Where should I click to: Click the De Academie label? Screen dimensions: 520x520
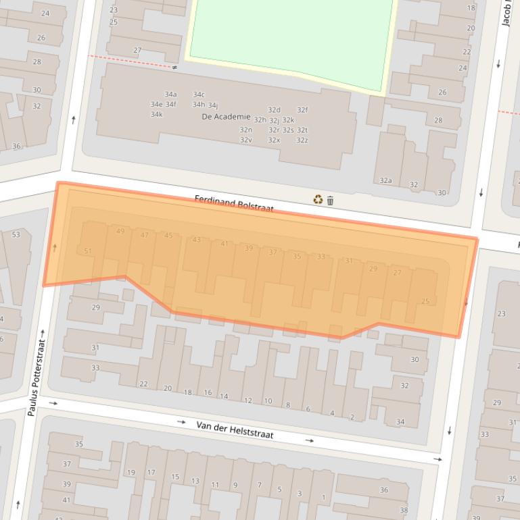point(226,117)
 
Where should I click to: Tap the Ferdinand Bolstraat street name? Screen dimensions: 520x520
point(234,203)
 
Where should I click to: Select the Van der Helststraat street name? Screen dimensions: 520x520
point(235,430)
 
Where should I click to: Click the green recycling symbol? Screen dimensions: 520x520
point(318,199)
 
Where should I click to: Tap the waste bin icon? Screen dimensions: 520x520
point(330,201)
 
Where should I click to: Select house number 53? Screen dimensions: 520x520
point(16,235)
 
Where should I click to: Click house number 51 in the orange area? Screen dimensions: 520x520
point(88,251)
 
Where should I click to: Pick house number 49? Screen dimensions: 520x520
point(120,232)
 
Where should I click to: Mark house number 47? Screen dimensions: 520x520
point(144,235)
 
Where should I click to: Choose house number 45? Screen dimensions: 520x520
point(168,236)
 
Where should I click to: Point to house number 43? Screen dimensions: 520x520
point(196,240)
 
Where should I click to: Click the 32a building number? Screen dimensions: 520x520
point(385,181)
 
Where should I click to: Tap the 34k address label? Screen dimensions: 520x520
point(156,114)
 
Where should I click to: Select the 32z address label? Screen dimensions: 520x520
point(302,140)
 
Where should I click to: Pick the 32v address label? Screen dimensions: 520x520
point(245,140)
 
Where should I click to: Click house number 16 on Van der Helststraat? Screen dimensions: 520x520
point(208,393)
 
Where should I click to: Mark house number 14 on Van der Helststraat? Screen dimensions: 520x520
point(224,396)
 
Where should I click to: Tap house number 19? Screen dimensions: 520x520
point(131,473)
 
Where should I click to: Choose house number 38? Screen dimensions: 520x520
point(404,510)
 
